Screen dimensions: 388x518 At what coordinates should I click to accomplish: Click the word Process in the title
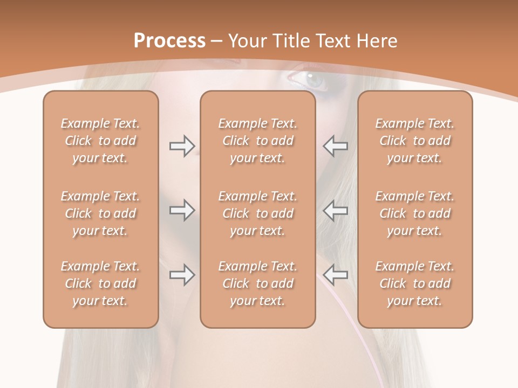[169, 40]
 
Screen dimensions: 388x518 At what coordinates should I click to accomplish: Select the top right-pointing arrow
[182, 145]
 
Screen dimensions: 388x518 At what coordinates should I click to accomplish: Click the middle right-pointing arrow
[182, 210]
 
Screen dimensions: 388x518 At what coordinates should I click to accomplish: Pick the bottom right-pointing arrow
[182, 275]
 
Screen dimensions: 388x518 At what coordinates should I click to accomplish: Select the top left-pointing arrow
[335, 145]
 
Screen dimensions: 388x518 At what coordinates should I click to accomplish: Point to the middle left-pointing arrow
[335, 210]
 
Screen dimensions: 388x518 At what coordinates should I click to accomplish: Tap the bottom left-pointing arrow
[335, 275]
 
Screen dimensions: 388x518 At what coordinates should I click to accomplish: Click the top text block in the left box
[100, 141]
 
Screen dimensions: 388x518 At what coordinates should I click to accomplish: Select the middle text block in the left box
[100, 213]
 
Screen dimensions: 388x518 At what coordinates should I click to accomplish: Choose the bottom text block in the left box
[100, 283]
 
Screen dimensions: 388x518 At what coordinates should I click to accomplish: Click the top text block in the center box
[258, 141]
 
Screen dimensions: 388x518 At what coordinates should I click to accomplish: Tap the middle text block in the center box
[258, 213]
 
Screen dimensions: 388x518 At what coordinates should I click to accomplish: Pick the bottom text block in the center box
[258, 283]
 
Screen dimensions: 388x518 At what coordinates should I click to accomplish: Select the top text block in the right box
[415, 141]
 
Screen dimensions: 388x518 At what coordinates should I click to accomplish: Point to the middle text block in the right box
[415, 213]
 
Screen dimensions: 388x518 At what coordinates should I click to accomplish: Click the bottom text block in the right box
[415, 283]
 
